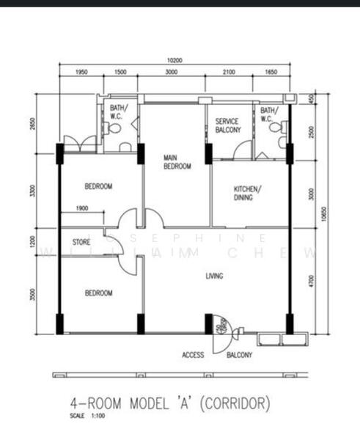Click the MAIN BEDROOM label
coord(177,162)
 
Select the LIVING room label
coord(214,276)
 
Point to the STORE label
coord(81,241)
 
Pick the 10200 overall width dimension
coord(174,61)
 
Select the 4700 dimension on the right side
coord(311,281)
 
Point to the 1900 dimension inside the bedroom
coord(82,208)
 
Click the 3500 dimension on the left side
coord(32,295)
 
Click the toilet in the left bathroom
coord(113,128)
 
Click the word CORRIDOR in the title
coord(237,403)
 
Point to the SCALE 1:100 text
coord(87,417)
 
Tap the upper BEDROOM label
coord(98,187)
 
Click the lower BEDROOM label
coord(98,293)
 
